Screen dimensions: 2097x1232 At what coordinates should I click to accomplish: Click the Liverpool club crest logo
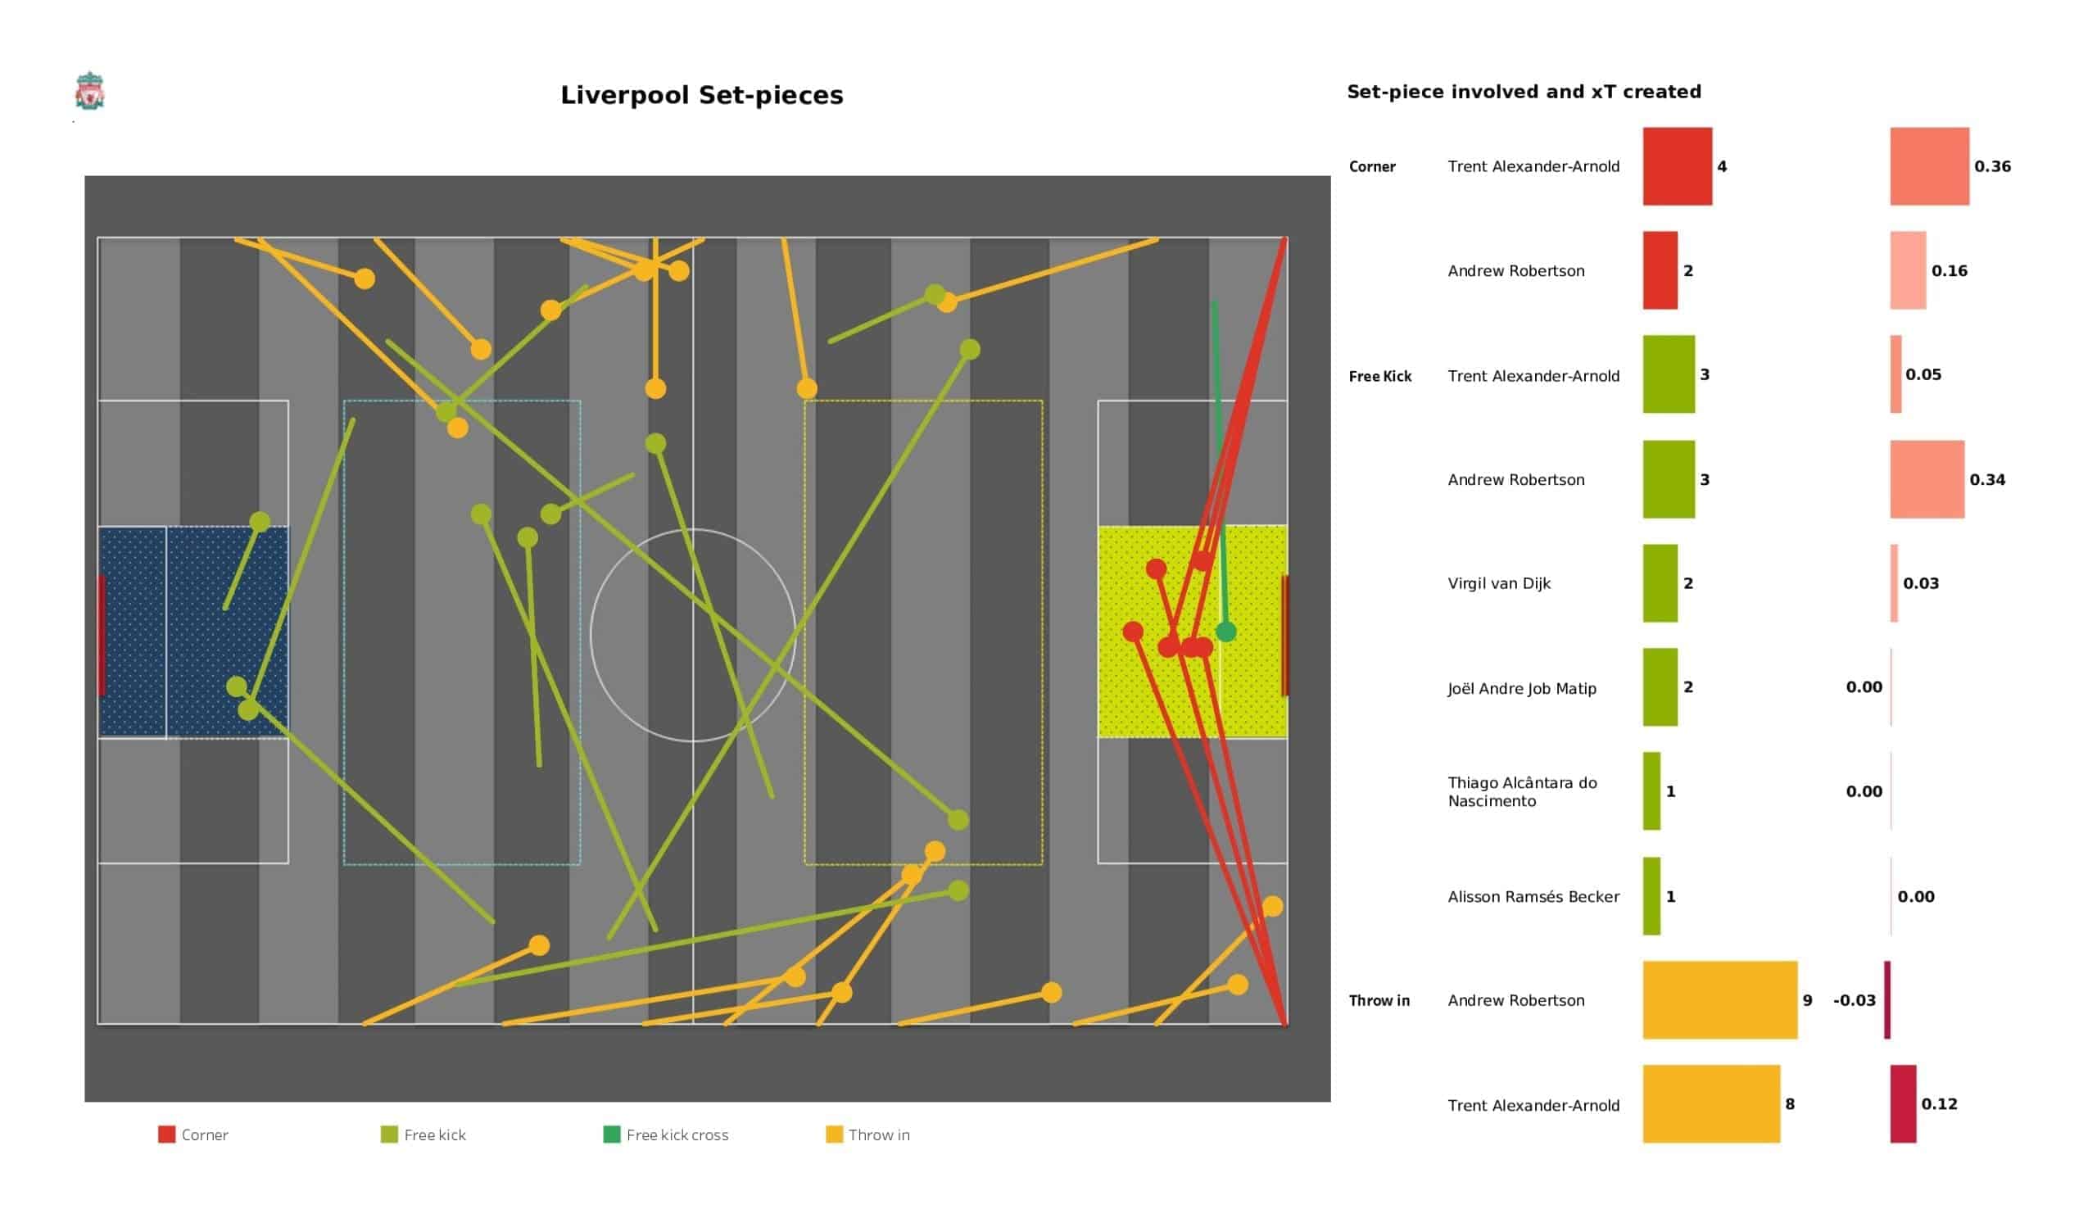click(89, 91)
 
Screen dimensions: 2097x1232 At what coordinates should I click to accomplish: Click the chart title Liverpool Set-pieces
click(701, 95)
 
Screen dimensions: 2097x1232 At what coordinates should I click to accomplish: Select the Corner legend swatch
click(166, 1135)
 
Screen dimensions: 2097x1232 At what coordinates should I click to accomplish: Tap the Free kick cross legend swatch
click(612, 1135)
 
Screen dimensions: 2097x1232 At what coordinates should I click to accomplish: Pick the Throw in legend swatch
click(834, 1135)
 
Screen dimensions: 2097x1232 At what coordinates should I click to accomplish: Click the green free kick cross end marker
click(1225, 632)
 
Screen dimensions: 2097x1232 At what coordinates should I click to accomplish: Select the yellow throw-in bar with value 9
click(1719, 999)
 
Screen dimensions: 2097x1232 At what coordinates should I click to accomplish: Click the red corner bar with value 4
click(1677, 166)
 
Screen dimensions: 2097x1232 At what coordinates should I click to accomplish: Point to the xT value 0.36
click(1992, 166)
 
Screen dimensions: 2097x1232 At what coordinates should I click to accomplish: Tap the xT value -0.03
click(1854, 999)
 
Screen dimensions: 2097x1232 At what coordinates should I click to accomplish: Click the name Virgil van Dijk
click(1499, 583)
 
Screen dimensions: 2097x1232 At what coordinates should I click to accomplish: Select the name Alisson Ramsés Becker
click(1533, 896)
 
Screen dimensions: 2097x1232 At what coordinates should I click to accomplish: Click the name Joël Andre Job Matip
click(1522, 688)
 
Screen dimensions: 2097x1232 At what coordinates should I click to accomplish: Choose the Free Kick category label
click(1379, 376)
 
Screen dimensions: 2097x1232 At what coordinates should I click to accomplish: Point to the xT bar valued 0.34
click(1927, 479)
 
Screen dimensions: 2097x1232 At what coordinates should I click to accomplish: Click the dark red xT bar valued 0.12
click(1902, 1104)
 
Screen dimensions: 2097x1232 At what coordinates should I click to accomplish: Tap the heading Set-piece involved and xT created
click(1524, 92)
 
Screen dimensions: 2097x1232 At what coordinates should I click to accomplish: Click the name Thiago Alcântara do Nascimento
click(1522, 791)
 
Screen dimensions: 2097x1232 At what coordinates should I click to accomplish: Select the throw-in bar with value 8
click(1711, 1104)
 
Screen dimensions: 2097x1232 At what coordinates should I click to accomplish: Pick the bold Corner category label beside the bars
click(1371, 166)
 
